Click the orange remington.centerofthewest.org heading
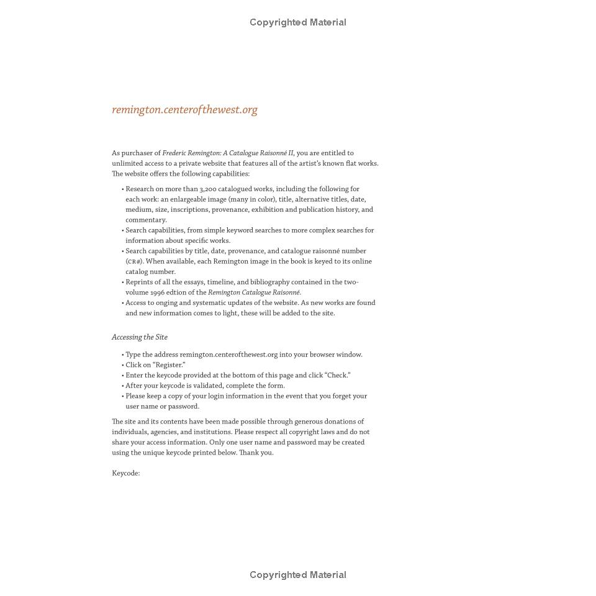[184, 110]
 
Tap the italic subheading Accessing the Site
[140, 337]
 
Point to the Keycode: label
[126, 473]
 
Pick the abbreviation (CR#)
[134, 261]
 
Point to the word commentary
[146, 220]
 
